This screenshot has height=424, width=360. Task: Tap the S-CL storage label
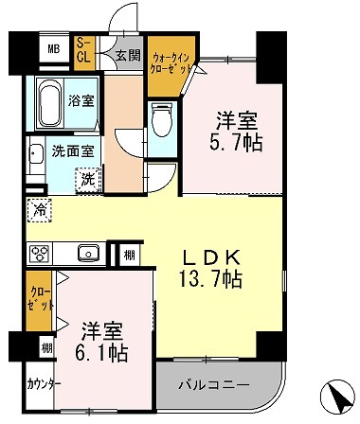click(x=83, y=50)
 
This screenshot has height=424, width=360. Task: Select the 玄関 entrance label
click(x=126, y=55)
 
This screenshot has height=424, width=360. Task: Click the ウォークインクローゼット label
click(x=171, y=64)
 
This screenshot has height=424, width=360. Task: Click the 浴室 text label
click(x=81, y=100)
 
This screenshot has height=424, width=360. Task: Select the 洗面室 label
click(x=72, y=150)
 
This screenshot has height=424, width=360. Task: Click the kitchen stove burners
click(x=43, y=254)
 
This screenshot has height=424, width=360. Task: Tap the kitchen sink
click(x=89, y=253)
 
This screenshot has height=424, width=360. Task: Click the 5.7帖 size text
click(x=238, y=144)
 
